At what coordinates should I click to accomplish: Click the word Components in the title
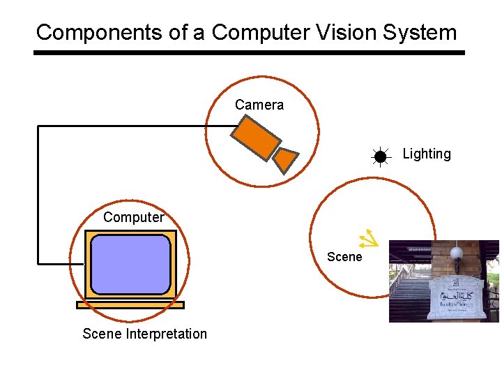pos(81,32)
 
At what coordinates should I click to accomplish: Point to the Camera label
pos(259,105)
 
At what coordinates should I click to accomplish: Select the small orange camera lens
pos(284,160)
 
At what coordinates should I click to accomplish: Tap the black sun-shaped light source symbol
pos(380,157)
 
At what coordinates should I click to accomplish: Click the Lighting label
pos(427,154)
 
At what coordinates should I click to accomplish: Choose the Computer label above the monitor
pos(133,217)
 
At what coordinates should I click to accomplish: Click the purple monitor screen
pos(130,264)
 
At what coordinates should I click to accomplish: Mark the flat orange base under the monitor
pos(130,305)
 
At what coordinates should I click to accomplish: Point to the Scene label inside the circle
pos(344,257)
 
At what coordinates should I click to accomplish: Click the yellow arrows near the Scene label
pos(367,239)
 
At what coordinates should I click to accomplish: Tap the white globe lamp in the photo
pos(457,253)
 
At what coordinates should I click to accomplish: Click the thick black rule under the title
pos(249,52)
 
